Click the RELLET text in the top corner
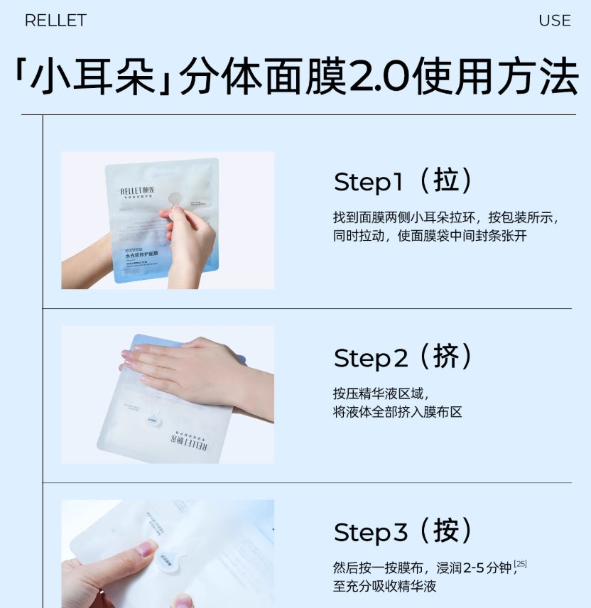tap(55, 21)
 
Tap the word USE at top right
tap(554, 21)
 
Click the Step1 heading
tap(368, 183)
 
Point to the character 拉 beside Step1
tap(446, 180)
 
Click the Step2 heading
tap(371, 358)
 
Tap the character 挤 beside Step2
tap(446, 356)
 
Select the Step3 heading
tap(371, 533)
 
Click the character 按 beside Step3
tap(446, 531)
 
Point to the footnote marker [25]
tap(521, 563)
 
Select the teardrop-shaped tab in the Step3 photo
tap(166, 560)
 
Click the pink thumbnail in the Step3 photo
tap(147, 548)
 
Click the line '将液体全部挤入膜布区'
tap(397, 412)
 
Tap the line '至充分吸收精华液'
tap(384, 587)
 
